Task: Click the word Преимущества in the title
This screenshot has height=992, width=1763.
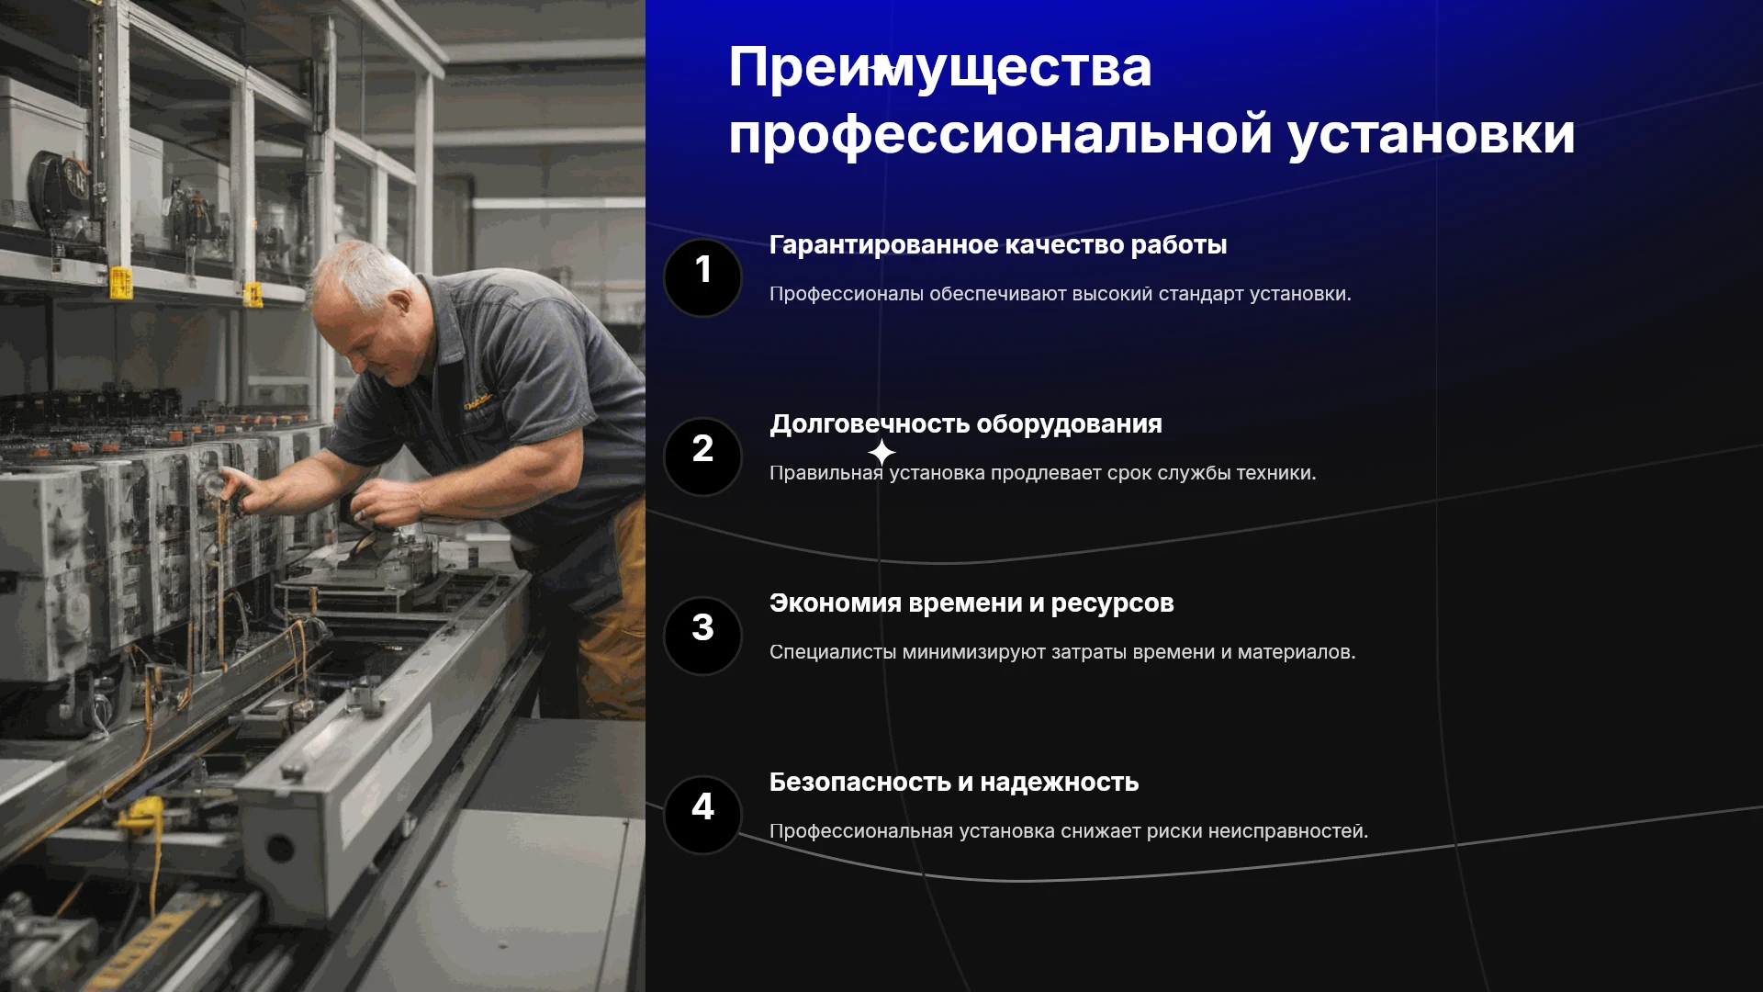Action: coord(939,68)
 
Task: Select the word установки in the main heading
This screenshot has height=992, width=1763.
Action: coord(1432,135)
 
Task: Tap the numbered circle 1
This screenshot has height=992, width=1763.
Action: coord(702,277)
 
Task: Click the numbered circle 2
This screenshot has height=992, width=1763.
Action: coord(702,457)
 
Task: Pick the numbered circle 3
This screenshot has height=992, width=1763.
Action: coord(702,636)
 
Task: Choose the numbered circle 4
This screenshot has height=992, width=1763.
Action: coord(702,815)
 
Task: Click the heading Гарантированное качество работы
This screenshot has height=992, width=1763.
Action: coord(998,245)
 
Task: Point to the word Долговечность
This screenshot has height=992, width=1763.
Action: coord(869,424)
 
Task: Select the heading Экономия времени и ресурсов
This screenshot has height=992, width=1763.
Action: coord(971,603)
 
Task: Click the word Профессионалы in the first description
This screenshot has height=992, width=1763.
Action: coord(847,294)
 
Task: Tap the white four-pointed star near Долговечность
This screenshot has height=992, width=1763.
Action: coord(881,452)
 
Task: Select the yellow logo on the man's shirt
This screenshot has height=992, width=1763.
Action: coord(477,401)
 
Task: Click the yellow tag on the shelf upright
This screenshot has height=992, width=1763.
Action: coord(120,282)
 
